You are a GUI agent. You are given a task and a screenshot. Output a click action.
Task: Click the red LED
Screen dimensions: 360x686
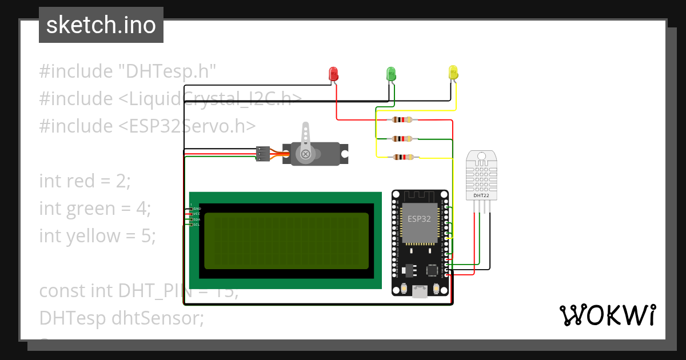(x=333, y=74)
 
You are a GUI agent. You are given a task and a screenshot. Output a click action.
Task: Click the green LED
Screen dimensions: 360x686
(x=391, y=74)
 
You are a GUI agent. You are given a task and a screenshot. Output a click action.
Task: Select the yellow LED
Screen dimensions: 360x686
(x=453, y=73)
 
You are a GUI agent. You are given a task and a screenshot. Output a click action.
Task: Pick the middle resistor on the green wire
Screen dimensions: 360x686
(x=402, y=139)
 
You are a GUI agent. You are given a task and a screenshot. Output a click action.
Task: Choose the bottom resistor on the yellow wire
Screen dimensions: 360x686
(x=402, y=158)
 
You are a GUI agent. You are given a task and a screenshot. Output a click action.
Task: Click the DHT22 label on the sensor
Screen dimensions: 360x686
(x=481, y=195)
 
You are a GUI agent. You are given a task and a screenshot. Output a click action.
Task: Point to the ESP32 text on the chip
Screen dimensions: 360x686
(x=419, y=219)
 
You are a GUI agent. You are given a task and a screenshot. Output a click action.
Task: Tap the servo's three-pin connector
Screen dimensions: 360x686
(x=262, y=154)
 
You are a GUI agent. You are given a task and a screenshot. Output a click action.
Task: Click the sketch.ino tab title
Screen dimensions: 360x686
(x=101, y=25)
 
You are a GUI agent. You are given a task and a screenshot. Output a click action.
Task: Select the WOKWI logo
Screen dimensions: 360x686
(x=607, y=315)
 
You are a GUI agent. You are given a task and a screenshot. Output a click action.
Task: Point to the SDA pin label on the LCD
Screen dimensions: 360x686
(x=196, y=219)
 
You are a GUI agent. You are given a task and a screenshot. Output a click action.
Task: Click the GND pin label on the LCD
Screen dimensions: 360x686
(x=196, y=209)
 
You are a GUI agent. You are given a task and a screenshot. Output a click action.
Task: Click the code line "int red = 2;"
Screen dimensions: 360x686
(x=85, y=181)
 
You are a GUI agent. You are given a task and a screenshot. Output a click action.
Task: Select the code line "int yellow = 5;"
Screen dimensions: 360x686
(x=97, y=235)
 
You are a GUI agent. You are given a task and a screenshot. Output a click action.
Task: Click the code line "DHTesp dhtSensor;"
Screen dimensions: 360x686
(x=121, y=318)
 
